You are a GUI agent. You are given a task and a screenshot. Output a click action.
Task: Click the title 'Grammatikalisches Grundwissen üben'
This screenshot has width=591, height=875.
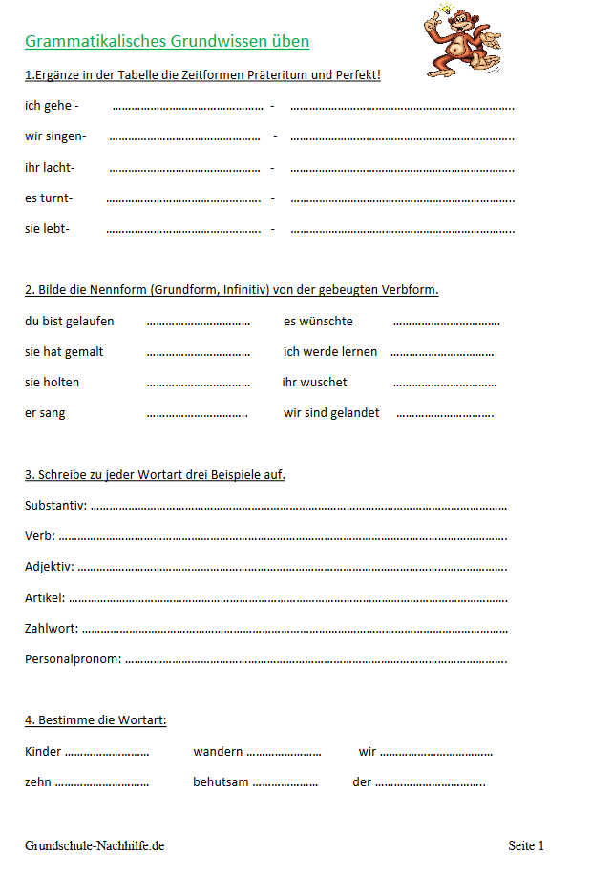pos(167,42)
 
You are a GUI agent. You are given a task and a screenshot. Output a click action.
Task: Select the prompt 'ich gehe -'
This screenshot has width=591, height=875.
pos(52,106)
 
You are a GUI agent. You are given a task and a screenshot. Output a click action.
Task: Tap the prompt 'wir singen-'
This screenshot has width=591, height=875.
pos(55,136)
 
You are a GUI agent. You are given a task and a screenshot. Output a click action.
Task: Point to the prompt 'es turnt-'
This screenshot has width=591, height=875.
pos(49,198)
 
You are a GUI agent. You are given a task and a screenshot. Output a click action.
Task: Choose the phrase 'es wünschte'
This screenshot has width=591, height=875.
pos(318,321)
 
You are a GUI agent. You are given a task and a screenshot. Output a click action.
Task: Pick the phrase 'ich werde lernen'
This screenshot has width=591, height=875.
pos(330,351)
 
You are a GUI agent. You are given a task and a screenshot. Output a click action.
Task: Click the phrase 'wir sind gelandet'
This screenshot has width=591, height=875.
pos(331,412)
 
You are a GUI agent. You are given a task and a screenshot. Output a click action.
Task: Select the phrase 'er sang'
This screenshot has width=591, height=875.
pos(45,412)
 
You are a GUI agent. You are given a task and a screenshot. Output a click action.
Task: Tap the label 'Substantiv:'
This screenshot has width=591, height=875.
pos(55,505)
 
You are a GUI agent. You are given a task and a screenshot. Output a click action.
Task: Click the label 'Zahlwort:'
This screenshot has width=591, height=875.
pos(52,628)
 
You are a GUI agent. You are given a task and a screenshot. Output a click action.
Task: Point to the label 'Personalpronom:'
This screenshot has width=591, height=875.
pos(74,658)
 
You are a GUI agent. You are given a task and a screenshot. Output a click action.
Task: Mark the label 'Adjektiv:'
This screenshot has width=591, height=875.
pos(50,566)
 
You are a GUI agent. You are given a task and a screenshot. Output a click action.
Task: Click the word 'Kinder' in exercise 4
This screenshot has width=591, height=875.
pos(43,751)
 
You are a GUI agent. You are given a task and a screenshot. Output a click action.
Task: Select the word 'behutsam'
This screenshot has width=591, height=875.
pos(221,781)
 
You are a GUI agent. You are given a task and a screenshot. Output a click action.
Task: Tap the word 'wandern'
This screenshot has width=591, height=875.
pos(218,751)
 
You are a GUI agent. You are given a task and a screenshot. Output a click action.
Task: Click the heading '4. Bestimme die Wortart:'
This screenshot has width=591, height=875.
pos(95,719)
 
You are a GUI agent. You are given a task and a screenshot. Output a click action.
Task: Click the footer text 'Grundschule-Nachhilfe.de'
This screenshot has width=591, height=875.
pos(95,845)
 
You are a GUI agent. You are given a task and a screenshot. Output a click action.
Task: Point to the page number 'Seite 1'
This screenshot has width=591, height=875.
pos(526,845)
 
